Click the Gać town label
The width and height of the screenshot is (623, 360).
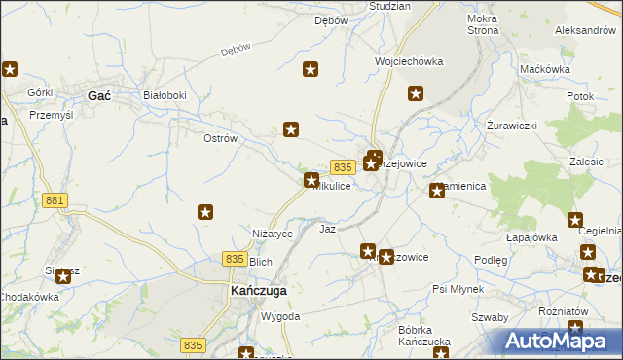click(x=98, y=95)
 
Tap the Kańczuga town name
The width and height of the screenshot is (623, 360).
click(x=255, y=291)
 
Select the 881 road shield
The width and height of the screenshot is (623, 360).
click(x=55, y=199)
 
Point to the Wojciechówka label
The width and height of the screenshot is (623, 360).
click(x=409, y=61)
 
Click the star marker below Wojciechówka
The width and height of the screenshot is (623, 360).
click(x=416, y=94)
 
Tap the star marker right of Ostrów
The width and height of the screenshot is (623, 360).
click(x=290, y=128)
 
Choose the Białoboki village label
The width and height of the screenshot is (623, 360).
click(x=164, y=95)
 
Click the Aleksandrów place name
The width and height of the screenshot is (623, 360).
click(x=585, y=30)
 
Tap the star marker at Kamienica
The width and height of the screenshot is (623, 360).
click(x=437, y=191)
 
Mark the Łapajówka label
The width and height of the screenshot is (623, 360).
click(x=531, y=236)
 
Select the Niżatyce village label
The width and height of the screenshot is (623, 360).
click(x=273, y=234)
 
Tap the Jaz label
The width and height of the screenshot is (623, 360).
click(x=328, y=229)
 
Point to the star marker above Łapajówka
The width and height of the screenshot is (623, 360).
click(x=575, y=221)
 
